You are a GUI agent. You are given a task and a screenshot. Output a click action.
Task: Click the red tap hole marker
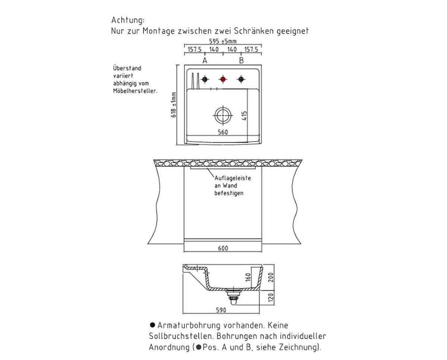click(x=223, y=79)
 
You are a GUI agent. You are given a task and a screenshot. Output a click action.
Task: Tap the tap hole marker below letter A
click(x=205, y=79)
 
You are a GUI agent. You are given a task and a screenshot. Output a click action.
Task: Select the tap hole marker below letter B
click(x=241, y=79)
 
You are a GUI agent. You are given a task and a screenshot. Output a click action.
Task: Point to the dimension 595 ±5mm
click(x=223, y=42)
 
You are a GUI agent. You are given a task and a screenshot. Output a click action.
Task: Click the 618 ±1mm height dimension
click(x=174, y=105)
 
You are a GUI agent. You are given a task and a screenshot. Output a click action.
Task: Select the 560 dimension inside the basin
click(x=223, y=132)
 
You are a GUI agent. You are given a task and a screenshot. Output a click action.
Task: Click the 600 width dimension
click(x=223, y=248)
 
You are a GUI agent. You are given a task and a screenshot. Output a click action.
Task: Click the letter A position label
click(x=205, y=60)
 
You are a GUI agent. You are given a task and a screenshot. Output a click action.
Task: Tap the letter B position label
click(x=241, y=60)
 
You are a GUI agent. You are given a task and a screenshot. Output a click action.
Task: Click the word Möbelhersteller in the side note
click(x=135, y=91)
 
